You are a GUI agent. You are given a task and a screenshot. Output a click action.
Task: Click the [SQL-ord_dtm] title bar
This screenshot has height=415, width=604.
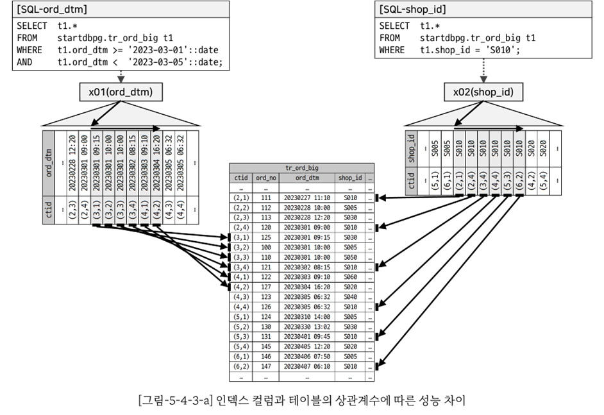tap(120, 10)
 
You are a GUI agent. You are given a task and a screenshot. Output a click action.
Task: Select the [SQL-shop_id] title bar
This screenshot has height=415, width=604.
tap(483, 10)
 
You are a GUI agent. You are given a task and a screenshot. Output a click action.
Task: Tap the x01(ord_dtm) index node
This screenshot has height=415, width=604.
tap(121, 92)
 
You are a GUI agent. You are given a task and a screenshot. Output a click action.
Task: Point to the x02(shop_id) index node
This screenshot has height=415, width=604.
tap(483, 92)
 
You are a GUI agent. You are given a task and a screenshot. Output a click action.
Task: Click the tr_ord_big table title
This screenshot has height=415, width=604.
tap(301, 168)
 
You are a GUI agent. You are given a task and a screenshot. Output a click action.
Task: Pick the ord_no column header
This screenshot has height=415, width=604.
tap(265, 178)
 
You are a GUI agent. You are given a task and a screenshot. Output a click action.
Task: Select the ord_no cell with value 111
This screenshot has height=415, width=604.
tap(265, 199)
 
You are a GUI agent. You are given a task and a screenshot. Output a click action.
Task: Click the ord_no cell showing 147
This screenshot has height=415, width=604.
tap(265, 367)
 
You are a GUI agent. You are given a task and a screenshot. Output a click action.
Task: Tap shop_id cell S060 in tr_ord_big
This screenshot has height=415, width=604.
tap(350, 278)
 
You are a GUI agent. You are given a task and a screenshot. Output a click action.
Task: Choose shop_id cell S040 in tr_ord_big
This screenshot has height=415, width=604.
tap(350, 298)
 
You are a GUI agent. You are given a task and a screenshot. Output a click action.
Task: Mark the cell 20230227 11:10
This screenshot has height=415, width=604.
tap(306, 199)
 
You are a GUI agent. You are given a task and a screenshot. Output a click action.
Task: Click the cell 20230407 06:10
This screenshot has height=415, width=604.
tap(306, 367)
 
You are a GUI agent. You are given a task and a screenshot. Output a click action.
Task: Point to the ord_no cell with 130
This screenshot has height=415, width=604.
tap(265, 327)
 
